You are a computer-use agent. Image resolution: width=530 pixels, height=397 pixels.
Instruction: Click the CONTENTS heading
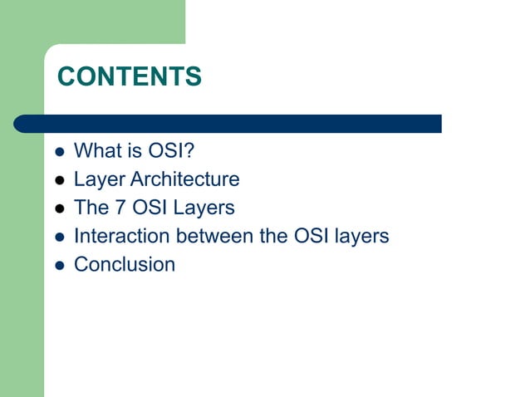(x=129, y=77)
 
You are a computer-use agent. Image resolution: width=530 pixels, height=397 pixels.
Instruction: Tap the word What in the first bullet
(x=94, y=151)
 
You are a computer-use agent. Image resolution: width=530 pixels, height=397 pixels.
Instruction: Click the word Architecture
(x=186, y=179)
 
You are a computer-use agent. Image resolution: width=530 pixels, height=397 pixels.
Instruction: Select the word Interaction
(x=121, y=236)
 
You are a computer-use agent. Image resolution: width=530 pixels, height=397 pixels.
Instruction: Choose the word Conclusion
(x=125, y=265)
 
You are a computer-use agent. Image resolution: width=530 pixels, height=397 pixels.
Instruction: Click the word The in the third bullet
(x=91, y=208)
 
